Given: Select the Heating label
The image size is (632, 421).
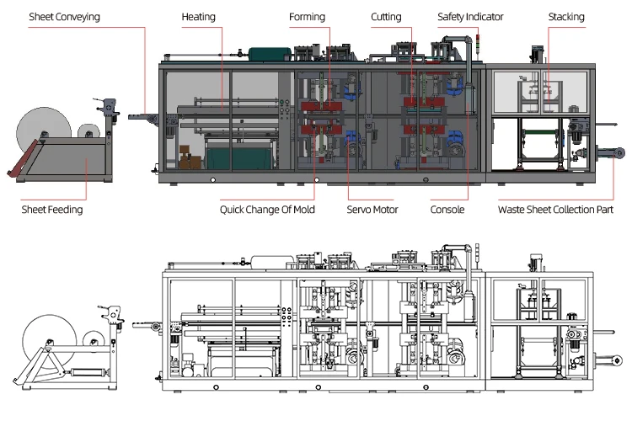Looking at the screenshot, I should [198, 17].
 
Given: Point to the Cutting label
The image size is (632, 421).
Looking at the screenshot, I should [386, 17].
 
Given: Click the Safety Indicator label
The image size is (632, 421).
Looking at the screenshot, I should [470, 17].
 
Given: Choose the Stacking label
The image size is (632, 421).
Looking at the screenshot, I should [565, 17].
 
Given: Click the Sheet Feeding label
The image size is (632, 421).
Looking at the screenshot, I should [52, 210].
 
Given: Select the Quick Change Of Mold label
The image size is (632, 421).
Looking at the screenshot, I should [267, 210].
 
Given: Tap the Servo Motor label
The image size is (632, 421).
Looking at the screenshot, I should [372, 210].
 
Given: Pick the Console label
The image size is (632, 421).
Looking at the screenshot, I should [447, 210].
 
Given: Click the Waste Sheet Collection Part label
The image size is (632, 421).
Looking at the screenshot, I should [555, 210].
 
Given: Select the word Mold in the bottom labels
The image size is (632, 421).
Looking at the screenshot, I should [303, 210].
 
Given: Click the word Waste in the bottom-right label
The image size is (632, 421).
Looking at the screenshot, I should [512, 210].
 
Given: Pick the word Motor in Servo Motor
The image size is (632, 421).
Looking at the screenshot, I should [384, 210].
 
